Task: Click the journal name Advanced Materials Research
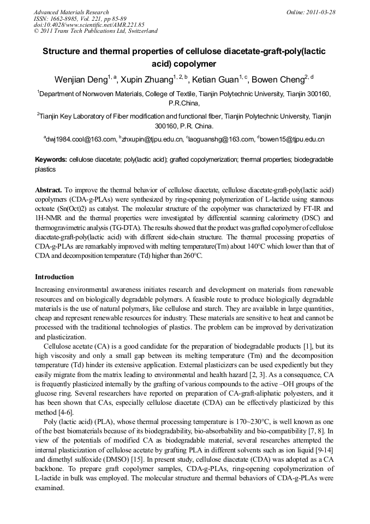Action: (71, 12)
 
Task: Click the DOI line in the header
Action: (88, 25)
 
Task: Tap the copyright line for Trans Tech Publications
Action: (96, 31)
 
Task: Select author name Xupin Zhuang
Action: (147, 80)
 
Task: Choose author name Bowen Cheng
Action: (280, 80)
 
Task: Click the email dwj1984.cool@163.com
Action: (81, 139)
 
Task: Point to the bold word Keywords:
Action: (51, 160)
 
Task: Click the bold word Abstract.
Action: (49, 190)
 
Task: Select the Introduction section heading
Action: (54, 277)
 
